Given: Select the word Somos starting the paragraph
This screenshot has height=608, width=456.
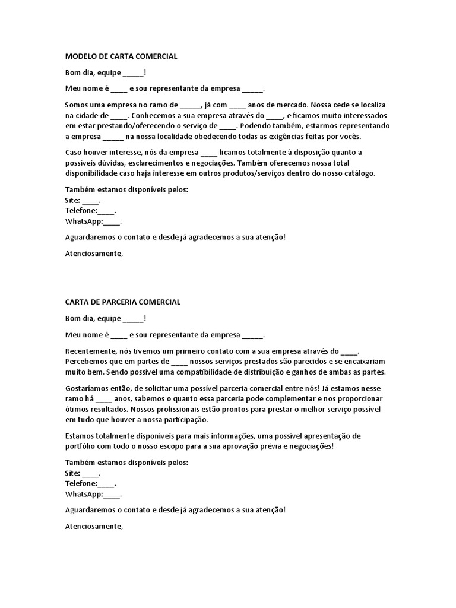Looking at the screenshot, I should [x=78, y=105].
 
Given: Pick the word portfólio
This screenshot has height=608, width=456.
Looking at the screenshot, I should [x=81, y=446].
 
